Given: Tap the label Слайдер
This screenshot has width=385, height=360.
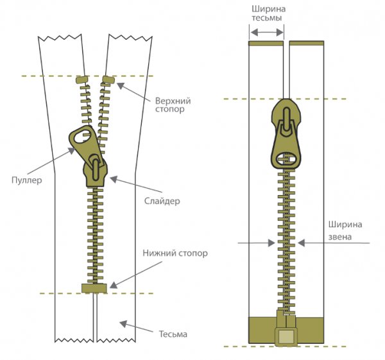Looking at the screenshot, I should [x=158, y=201].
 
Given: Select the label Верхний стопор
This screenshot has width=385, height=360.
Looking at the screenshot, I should [x=173, y=105].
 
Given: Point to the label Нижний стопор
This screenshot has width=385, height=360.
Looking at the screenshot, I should [x=175, y=253].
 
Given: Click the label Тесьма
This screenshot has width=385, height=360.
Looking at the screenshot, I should [x=173, y=334].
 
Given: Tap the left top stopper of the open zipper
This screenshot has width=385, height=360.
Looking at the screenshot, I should [x=81, y=80].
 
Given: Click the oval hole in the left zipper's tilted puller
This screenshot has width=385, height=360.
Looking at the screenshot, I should [x=80, y=136].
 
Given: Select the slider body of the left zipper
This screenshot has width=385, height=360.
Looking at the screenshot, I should [x=95, y=170].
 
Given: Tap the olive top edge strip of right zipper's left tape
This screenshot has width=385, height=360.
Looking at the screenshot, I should [x=266, y=44].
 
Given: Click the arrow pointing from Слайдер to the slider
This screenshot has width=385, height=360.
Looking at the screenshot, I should [x=128, y=187].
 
